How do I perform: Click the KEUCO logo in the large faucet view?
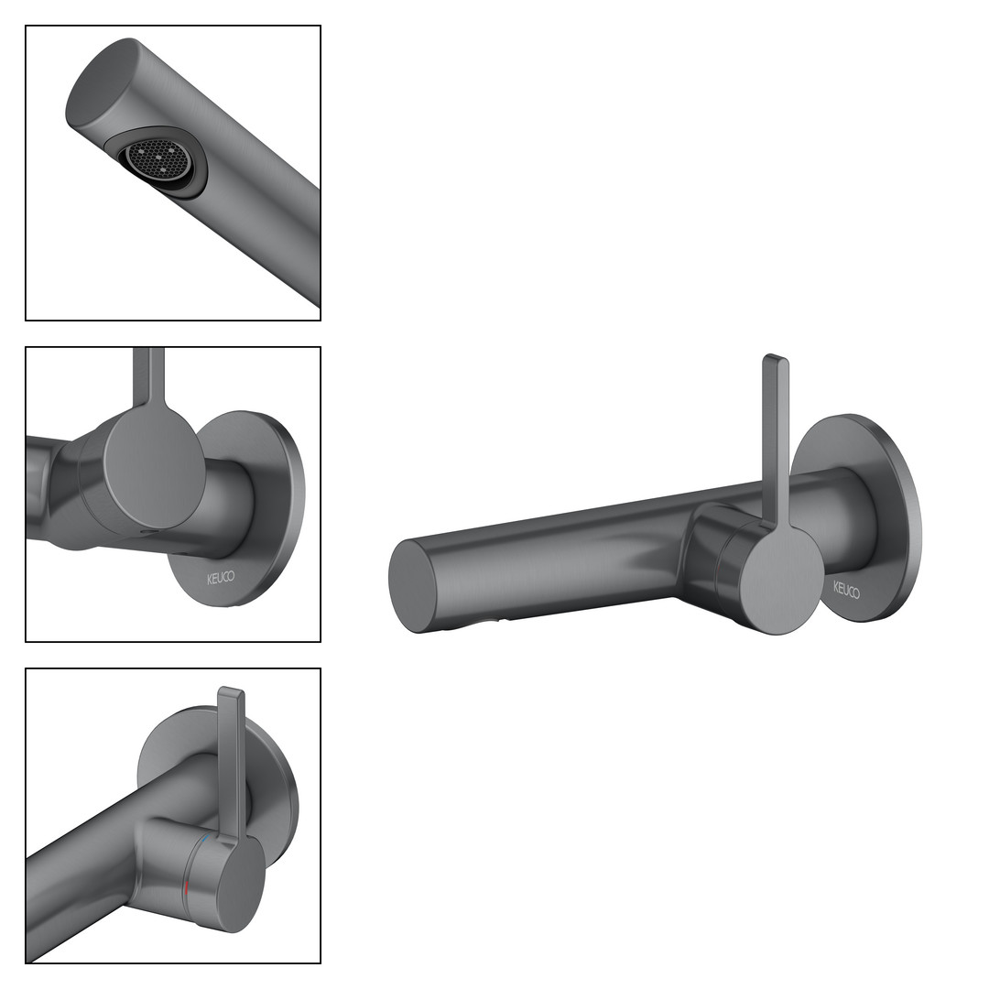tap(846, 589)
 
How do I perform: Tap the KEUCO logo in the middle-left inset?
tap(221, 577)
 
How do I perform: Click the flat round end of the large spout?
tap(412, 585)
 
